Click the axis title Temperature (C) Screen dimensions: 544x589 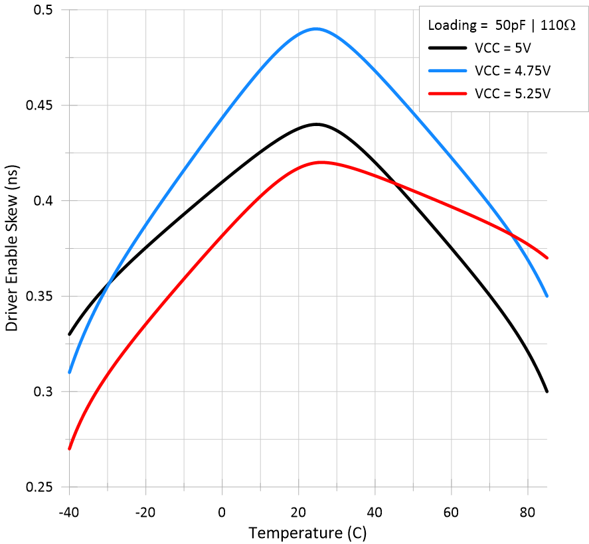(307, 533)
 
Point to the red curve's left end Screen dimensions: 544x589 (69, 449)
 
